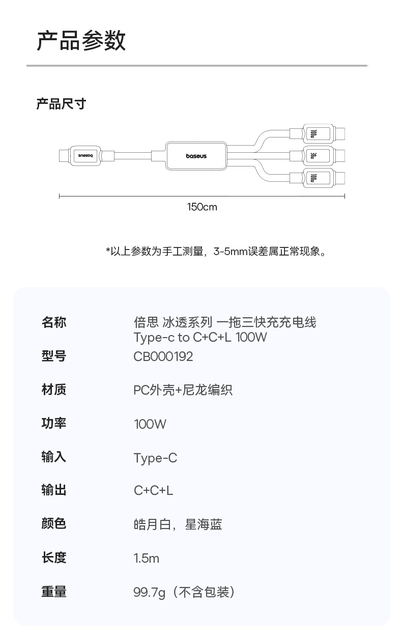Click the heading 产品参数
[x=81, y=41]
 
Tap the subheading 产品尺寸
[x=61, y=104]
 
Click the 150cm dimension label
[x=202, y=207]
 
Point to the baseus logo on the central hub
[x=196, y=156]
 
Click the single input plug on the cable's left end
[x=84, y=155]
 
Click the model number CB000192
[x=163, y=356]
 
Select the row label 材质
[x=54, y=390]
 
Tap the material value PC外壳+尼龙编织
[x=183, y=390]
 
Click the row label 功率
[x=54, y=423]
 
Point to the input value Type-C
[x=155, y=458]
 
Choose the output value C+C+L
[x=153, y=490]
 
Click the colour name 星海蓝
[x=204, y=524]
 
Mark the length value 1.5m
[x=147, y=558]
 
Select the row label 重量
[x=54, y=592]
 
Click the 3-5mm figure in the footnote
[x=230, y=251]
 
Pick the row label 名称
[x=54, y=322]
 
